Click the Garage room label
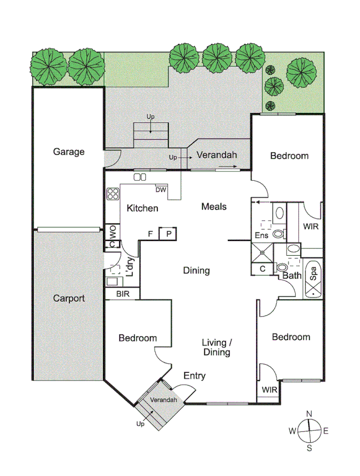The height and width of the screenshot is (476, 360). click(x=69, y=152)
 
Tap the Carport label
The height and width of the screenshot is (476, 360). click(x=69, y=298)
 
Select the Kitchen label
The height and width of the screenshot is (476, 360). click(x=143, y=208)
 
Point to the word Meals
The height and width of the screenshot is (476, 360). click(x=214, y=207)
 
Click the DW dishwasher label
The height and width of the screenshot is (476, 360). click(x=160, y=190)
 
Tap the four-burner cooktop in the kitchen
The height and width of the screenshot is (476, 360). click(x=113, y=194)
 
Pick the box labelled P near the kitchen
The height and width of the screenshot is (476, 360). click(x=169, y=234)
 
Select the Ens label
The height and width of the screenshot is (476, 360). click(x=260, y=235)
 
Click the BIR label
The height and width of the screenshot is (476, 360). click(x=122, y=294)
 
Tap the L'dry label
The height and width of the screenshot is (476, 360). click(x=130, y=267)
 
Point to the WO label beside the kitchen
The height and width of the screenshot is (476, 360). click(x=112, y=231)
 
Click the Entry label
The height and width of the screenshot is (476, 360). click(x=194, y=376)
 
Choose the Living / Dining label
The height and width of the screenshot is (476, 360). click(x=217, y=348)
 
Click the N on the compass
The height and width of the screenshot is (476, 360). click(x=309, y=414)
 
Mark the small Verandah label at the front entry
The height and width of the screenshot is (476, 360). click(x=163, y=400)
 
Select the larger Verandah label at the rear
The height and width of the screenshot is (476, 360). click(x=216, y=155)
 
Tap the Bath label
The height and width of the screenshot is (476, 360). click(x=291, y=275)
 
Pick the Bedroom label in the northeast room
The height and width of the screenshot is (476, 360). click(x=289, y=156)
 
